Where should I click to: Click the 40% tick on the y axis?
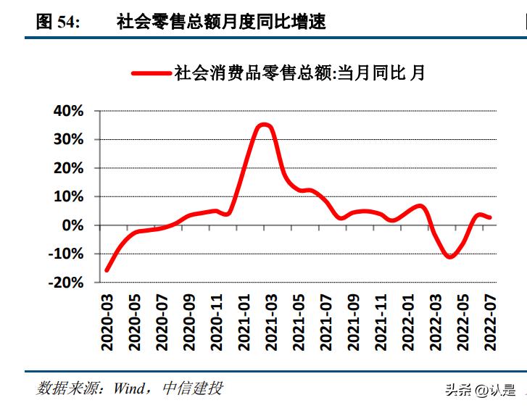click(x=68, y=111)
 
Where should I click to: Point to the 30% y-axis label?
click(x=68, y=139)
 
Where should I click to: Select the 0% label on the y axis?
click(x=73, y=225)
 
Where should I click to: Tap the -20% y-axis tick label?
click(x=65, y=283)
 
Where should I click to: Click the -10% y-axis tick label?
click(x=65, y=254)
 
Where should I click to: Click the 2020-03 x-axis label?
click(x=108, y=322)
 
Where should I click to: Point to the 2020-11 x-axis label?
click(x=215, y=322)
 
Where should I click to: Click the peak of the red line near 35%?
click(x=265, y=125)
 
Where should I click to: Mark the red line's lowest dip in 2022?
click(x=450, y=257)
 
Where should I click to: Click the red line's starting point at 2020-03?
click(x=107, y=270)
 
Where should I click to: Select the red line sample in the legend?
click(x=151, y=72)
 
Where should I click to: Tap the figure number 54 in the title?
click(x=67, y=22)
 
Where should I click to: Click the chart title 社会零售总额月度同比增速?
click(x=221, y=22)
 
